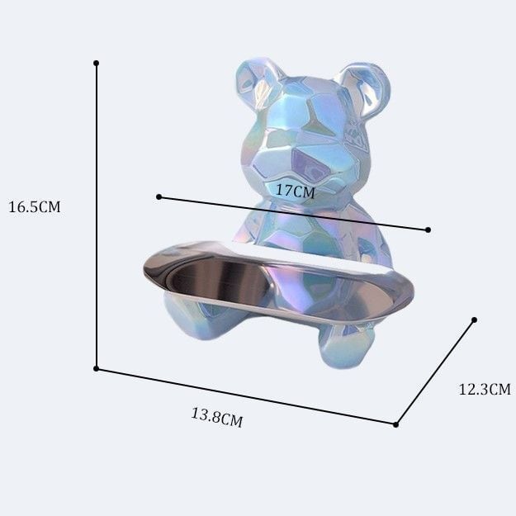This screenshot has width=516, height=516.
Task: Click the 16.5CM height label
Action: coord(35,207)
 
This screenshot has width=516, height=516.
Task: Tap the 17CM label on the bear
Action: coord(296,191)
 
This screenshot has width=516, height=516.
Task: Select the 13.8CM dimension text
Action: coord(217,417)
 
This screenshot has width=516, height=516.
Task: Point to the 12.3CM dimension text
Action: coord(485,390)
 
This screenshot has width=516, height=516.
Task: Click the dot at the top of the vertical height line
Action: coord(96,63)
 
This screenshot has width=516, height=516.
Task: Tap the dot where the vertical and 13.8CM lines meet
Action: coord(96,368)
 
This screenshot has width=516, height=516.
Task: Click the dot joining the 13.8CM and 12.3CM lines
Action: coord(396,424)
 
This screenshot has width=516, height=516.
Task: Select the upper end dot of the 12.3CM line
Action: coord(474,320)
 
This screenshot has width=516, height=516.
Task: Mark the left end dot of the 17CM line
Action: coord(159,196)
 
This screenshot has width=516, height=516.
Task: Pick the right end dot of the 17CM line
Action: coord(428,230)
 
